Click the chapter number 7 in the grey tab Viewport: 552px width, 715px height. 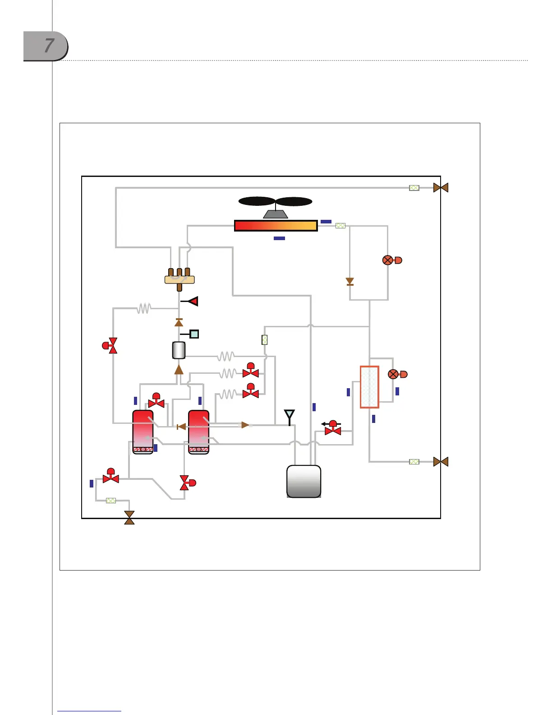pyautogui.click(x=49, y=46)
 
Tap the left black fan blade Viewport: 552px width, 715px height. pyautogui.click(x=257, y=201)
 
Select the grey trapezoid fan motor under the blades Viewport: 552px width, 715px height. pyautogui.click(x=276, y=214)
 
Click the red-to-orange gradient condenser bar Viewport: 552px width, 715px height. pyautogui.click(x=276, y=226)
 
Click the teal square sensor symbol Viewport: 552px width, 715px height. pyautogui.click(x=194, y=334)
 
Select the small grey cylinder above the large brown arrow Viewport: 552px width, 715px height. pyautogui.click(x=179, y=350)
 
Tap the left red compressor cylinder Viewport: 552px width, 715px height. pyautogui.click(x=143, y=432)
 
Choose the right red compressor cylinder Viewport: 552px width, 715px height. pyautogui.click(x=198, y=432)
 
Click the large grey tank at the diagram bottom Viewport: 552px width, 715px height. pyautogui.click(x=304, y=481)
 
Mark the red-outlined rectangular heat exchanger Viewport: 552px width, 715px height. pyautogui.click(x=369, y=387)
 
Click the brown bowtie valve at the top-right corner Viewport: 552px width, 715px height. pyautogui.click(x=441, y=187)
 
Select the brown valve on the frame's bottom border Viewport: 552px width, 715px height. pyautogui.click(x=129, y=518)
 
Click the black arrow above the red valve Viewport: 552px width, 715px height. pyautogui.click(x=326, y=424)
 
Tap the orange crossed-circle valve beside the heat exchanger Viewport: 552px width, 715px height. pyautogui.click(x=393, y=374)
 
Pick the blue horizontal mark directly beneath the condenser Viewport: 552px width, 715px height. pyautogui.click(x=279, y=238)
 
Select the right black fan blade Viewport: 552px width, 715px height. pyautogui.click(x=294, y=201)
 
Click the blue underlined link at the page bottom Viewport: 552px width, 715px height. pyautogui.click(x=89, y=710)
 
